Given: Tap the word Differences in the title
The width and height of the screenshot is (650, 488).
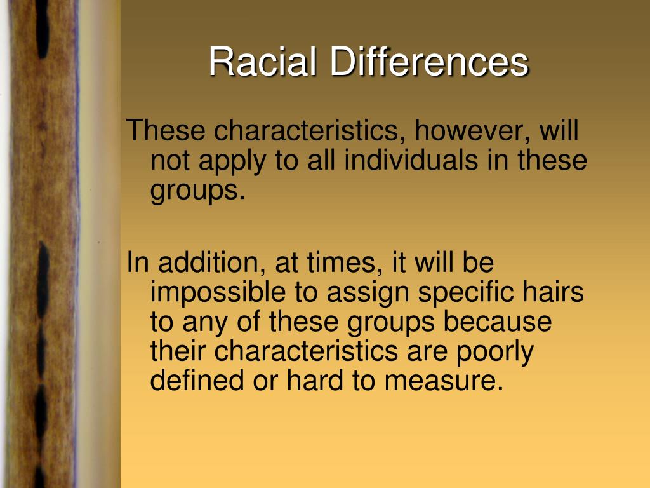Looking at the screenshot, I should tap(428, 62).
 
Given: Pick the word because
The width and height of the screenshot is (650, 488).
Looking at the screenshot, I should tap(498, 322).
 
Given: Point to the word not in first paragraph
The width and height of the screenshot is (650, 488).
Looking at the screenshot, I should tap(170, 161).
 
